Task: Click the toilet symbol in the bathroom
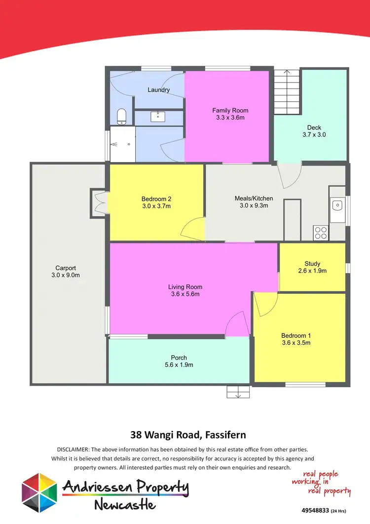(x=121, y=117)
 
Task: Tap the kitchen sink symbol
(x=338, y=204)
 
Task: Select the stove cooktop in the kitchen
(x=320, y=232)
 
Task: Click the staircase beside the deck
(x=287, y=89)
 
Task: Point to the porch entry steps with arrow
(x=239, y=392)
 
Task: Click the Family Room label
(x=230, y=111)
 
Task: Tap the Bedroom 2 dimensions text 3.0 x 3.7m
(x=156, y=206)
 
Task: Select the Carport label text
(x=65, y=268)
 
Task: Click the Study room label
(x=312, y=263)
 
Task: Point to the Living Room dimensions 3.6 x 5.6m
(x=185, y=294)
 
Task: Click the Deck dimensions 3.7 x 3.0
(x=314, y=134)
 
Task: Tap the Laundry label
(x=158, y=90)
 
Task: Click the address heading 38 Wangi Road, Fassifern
(x=188, y=435)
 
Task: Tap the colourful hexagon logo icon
(x=38, y=492)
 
